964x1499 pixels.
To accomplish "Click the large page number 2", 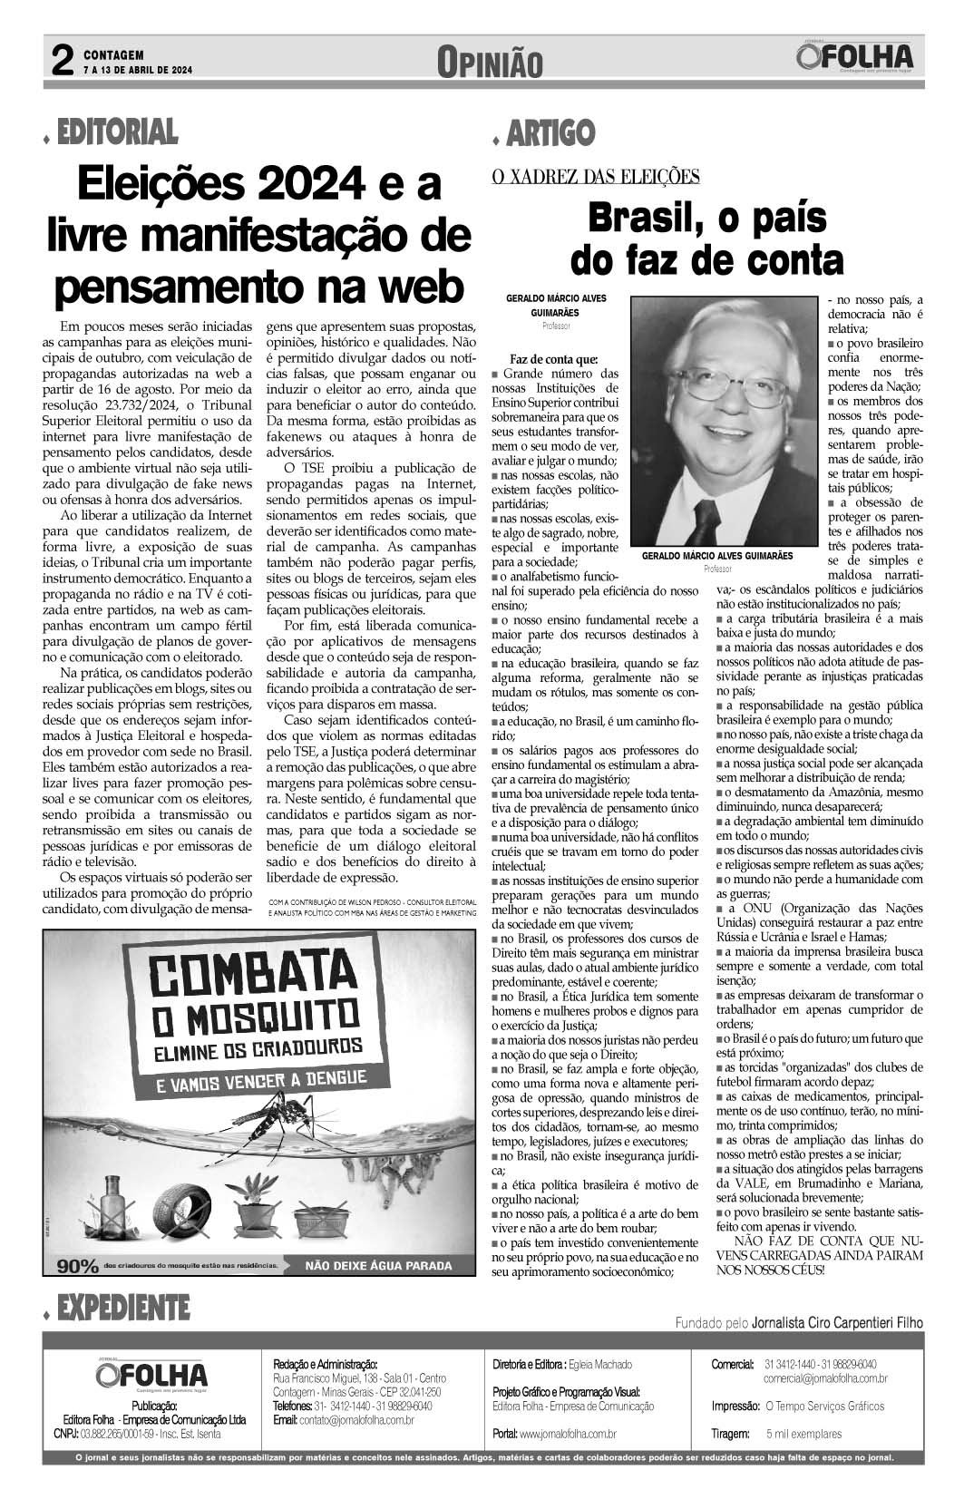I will tap(61, 61).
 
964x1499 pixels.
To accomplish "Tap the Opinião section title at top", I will tap(489, 62).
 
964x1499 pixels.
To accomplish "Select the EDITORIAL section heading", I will tap(116, 133).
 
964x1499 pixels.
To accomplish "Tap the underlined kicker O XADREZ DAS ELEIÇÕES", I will tap(595, 177).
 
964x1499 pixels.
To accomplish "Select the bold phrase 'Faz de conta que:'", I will tap(553, 359).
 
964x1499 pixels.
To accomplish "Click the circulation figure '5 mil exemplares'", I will tap(803, 1434).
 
